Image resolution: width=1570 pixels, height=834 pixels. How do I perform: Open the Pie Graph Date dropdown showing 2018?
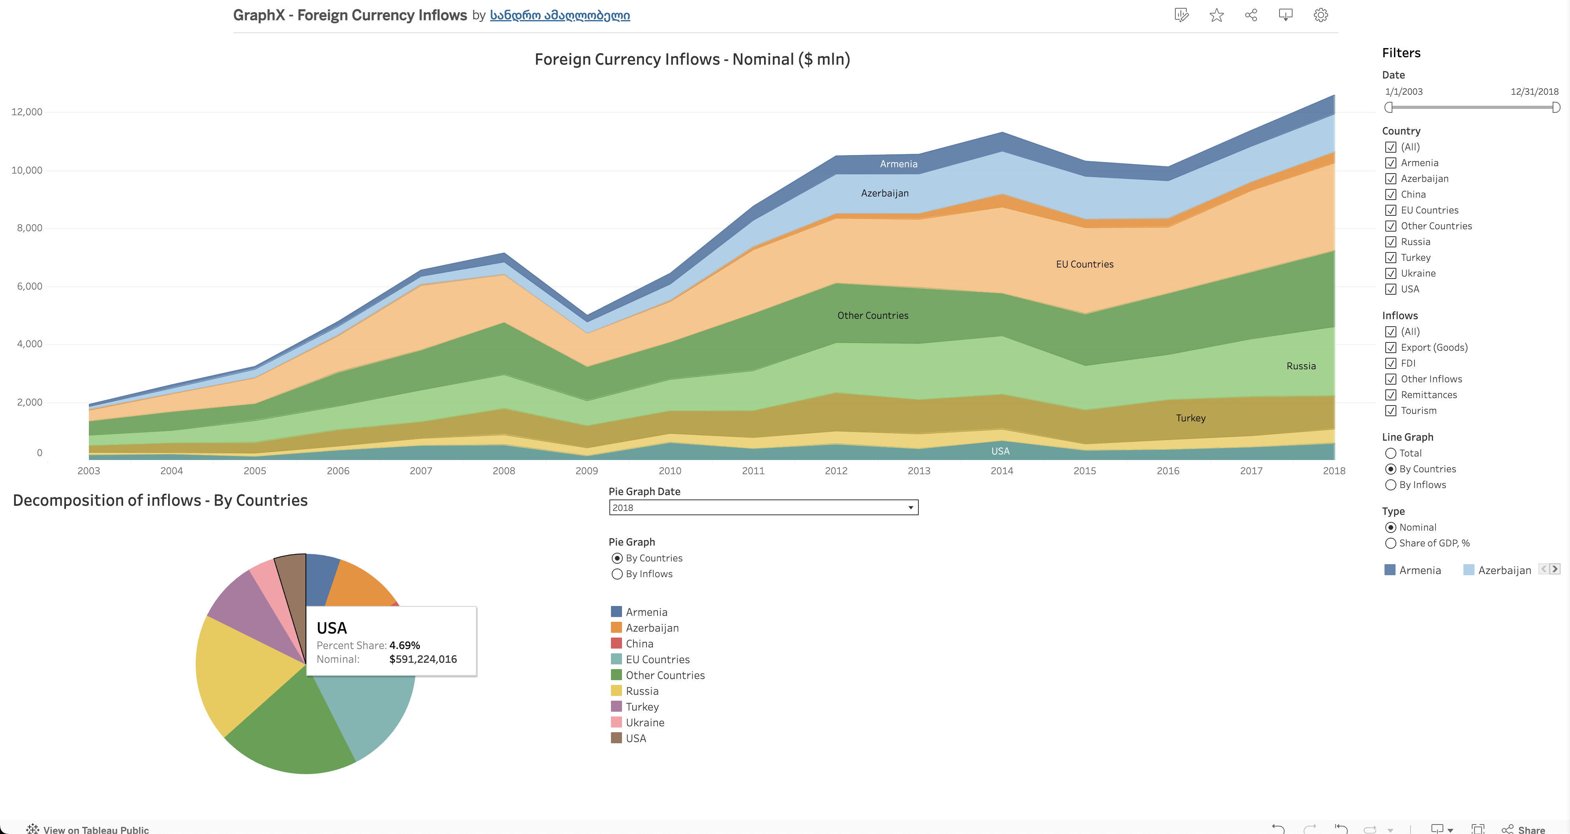point(763,507)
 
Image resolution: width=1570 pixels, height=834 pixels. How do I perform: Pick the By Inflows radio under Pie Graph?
point(617,574)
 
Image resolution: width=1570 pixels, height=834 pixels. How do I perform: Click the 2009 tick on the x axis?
point(586,470)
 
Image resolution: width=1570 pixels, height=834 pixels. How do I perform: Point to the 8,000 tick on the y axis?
point(27,228)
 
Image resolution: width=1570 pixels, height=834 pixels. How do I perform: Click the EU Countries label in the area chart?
point(1084,264)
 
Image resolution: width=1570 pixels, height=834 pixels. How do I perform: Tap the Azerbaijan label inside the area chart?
point(884,193)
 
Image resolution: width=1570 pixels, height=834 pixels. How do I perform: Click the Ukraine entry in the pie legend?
point(645,722)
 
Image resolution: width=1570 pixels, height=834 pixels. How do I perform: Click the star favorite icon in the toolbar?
point(1216,15)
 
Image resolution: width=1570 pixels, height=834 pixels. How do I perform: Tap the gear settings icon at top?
point(1321,15)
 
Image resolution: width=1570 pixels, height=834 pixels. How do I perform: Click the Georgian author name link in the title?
point(560,15)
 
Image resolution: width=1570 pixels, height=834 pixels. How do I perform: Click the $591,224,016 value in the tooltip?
point(423,659)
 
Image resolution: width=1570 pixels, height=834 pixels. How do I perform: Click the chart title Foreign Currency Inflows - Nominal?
point(692,59)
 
